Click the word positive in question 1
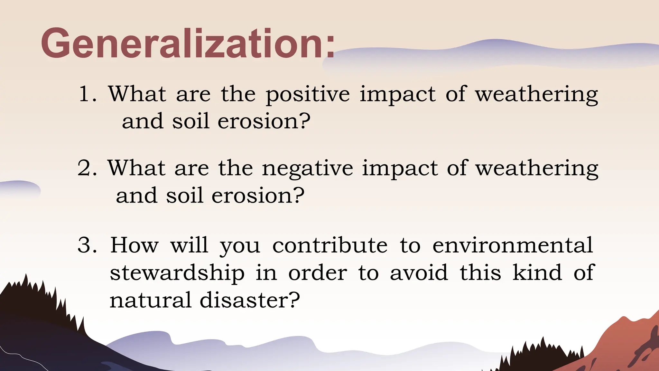click(308, 94)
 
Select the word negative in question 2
click(307, 168)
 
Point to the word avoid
click(419, 273)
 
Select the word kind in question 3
click(537, 273)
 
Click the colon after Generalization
click(330, 48)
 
